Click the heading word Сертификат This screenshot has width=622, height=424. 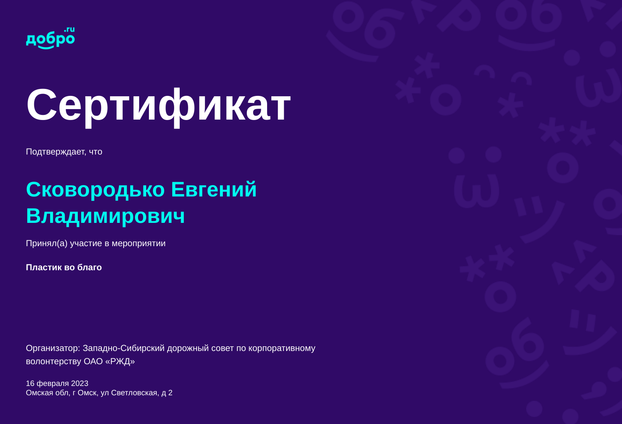158,105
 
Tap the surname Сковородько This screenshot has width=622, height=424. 95,189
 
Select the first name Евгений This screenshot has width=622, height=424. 214,189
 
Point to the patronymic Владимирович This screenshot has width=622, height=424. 105,216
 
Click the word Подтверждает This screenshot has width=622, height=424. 56,152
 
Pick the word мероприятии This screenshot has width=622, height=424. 138,243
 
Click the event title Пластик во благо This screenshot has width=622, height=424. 64,268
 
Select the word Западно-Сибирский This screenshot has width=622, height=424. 124,348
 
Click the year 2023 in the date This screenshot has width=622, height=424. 80,384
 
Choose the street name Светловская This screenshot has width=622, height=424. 134,393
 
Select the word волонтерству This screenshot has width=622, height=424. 54,361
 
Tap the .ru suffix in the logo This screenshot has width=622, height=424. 70,30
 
